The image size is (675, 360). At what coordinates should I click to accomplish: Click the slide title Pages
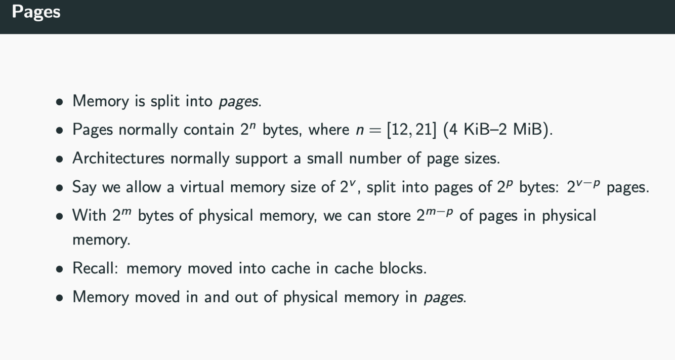click(x=36, y=12)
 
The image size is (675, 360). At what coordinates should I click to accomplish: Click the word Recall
click(x=95, y=268)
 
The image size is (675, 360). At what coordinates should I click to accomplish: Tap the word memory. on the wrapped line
click(x=101, y=239)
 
